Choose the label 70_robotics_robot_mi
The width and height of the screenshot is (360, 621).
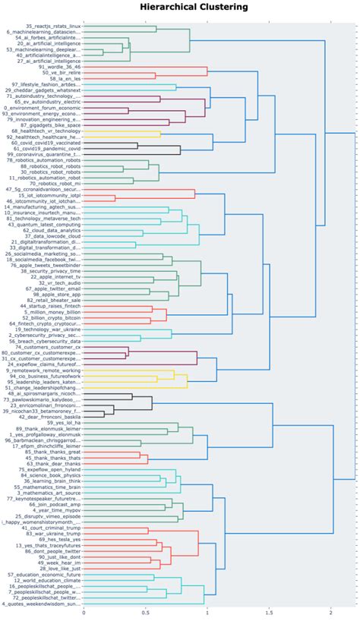click(52, 183)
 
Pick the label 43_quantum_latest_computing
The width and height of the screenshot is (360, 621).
click(44, 225)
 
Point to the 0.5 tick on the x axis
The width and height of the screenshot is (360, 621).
click(145, 611)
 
